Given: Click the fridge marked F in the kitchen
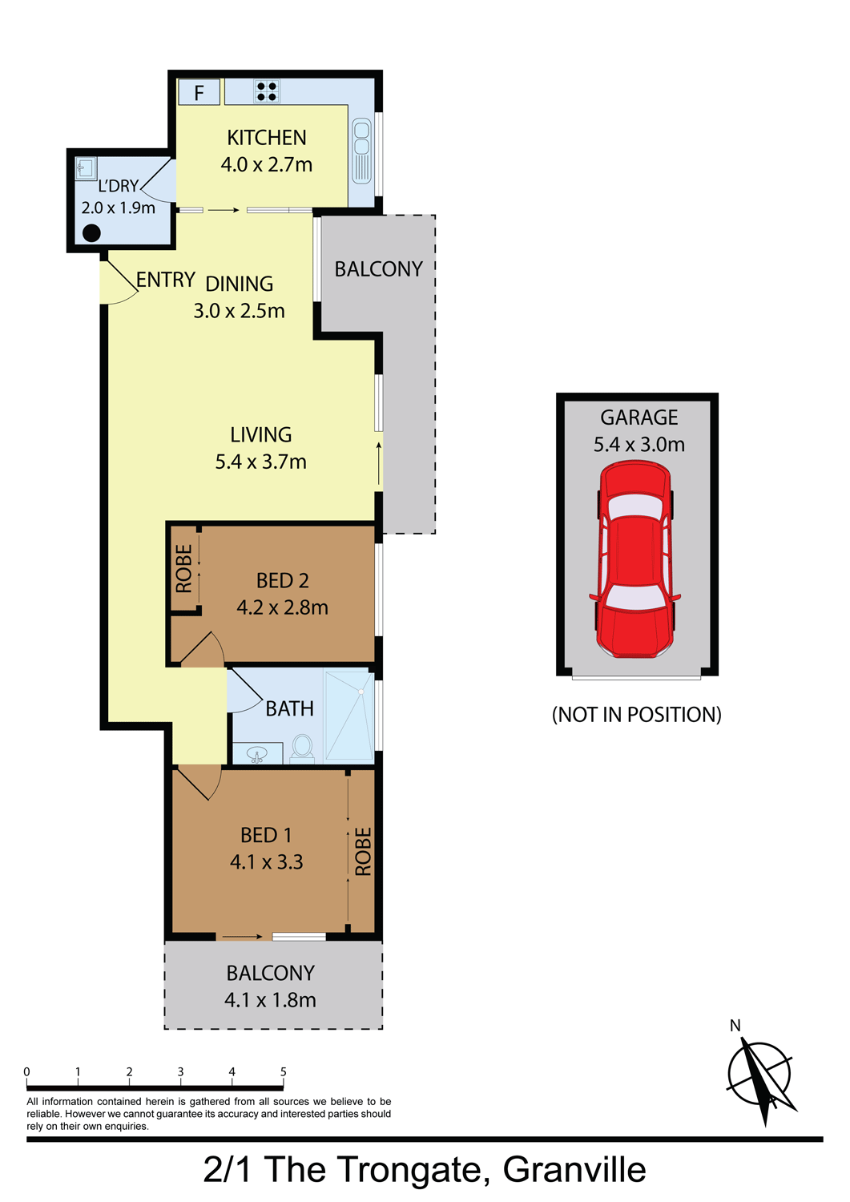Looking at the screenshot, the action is (199, 92).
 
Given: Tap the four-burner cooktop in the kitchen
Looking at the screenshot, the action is (267, 91).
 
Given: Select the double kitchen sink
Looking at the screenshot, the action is (362, 151).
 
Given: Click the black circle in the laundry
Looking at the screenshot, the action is (92, 233).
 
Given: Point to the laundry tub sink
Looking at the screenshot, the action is (86, 168).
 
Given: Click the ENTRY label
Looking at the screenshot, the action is (165, 280).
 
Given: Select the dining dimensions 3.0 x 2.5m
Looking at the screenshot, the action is (239, 311).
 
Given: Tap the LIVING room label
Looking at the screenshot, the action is (261, 434).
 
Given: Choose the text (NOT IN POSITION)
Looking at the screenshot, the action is (636, 715).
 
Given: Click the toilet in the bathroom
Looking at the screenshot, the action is (303, 748).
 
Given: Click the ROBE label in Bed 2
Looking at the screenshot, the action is (183, 569).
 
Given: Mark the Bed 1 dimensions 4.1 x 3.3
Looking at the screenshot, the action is (267, 862).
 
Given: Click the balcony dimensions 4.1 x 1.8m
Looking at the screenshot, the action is (270, 1000).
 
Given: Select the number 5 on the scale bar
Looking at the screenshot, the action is (284, 1071).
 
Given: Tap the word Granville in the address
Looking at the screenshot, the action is (574, 1169).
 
